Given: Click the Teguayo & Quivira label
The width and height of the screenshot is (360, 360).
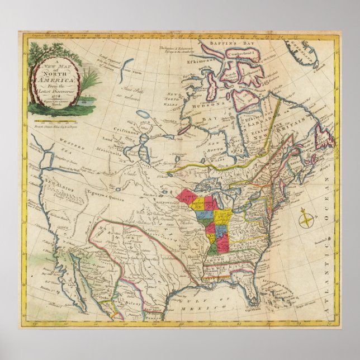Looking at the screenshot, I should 106,192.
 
